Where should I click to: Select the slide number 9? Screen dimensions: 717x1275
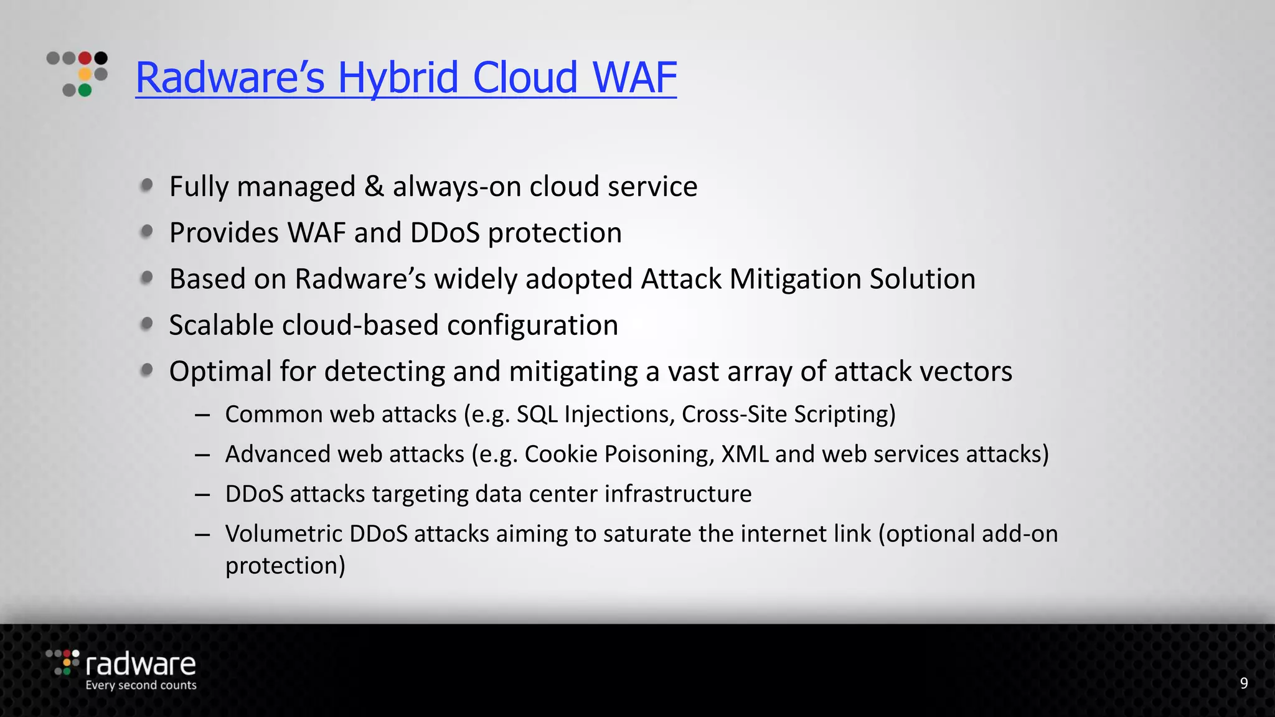coord(1243,683)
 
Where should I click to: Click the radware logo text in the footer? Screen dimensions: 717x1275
coord(141,664)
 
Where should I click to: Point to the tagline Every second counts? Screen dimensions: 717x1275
coord(141,685)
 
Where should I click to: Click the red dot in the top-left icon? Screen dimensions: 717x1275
coord(85,59)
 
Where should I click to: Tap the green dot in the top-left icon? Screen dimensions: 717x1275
coord(85,91)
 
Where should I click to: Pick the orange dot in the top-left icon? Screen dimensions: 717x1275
coord(85,75)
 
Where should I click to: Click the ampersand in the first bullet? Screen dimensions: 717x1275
coord(374,187)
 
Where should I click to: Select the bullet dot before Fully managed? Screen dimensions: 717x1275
coord(147,185)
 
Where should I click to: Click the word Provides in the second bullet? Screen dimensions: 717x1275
coord(224,233)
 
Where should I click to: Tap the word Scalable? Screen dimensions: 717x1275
coord(221,326)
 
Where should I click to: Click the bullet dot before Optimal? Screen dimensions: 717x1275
coord(147,370)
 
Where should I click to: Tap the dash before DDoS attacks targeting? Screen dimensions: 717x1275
coord(202,495)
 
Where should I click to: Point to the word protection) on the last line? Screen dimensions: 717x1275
coord(285,566)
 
